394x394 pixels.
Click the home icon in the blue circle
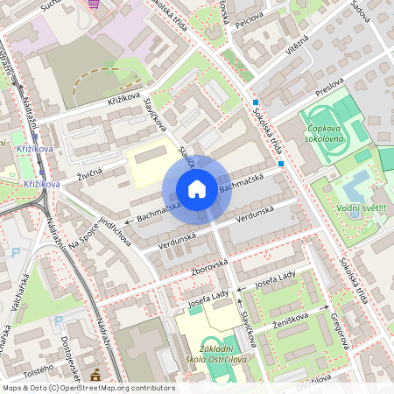[x=197, y=189]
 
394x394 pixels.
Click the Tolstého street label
[x=37, y=370]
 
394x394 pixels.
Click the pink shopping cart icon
[x=94, y=4]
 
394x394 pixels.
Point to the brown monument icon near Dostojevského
[x=95, y=376]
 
